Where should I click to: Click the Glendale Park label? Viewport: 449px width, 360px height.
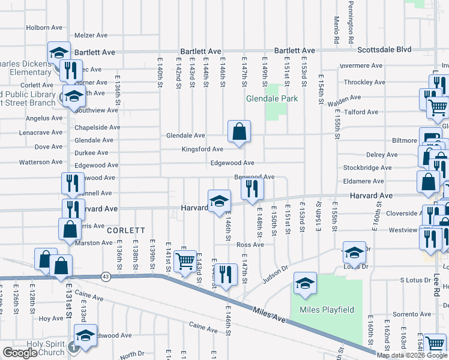click(x=268, y=98)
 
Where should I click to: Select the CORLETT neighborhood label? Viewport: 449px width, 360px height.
click(x=126, y=230)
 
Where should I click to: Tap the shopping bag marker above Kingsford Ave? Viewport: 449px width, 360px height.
click(x=239, y=132)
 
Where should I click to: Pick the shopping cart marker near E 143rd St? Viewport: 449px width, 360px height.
click(x=185, y=262)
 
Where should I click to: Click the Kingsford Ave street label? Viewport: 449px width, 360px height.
click(x=203, y=149)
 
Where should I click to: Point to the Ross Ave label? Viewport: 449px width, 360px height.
click(x=250, y=245)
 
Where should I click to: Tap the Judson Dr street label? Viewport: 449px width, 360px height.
click(x=276, y=275)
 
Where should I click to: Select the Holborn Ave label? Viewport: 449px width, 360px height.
click(x=44, y=28)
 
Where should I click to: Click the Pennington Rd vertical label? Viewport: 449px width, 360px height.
click(x=349, y=21)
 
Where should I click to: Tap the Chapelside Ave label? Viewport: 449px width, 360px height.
click(x=97, y=127)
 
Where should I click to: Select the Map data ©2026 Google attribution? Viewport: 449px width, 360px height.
click(x=412, y=355)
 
